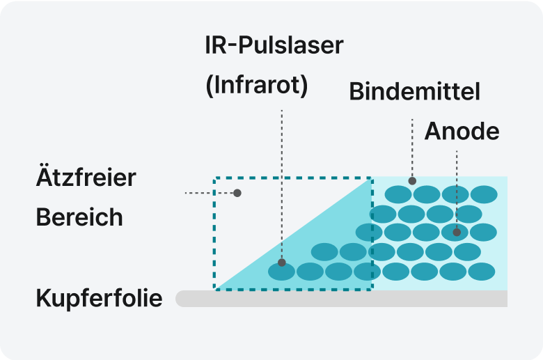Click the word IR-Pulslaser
tap(274, 46)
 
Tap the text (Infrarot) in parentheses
tap(256, 85)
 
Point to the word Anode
tap(462, 131)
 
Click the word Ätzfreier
tap(86, 177)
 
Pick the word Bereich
tap(79, 217)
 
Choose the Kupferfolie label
tap(99, 299)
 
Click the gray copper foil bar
tap(341, 299)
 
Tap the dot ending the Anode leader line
tap(457, 232)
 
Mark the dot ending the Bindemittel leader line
tap(413, 180)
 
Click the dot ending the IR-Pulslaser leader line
tap(282, 263)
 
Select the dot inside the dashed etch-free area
tap(237, 192)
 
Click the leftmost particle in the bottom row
tap(282, 271)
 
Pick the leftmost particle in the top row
tap(398, 194)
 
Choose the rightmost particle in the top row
tap(484, 194)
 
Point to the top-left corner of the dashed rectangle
tap(214, 178)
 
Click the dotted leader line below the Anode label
tap(457, 188)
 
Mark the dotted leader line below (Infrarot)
tap(282, 181)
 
